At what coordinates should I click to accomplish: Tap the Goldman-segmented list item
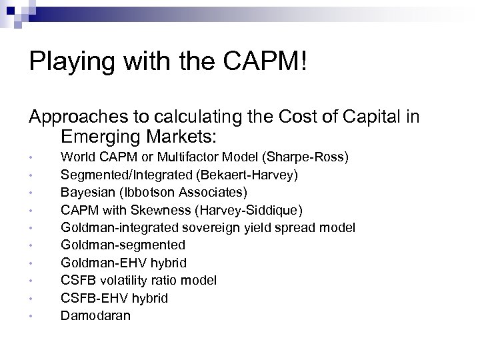coord(123,245)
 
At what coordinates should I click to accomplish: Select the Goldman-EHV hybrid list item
coord(123,263)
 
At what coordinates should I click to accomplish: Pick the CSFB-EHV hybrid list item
coord(114,297)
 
